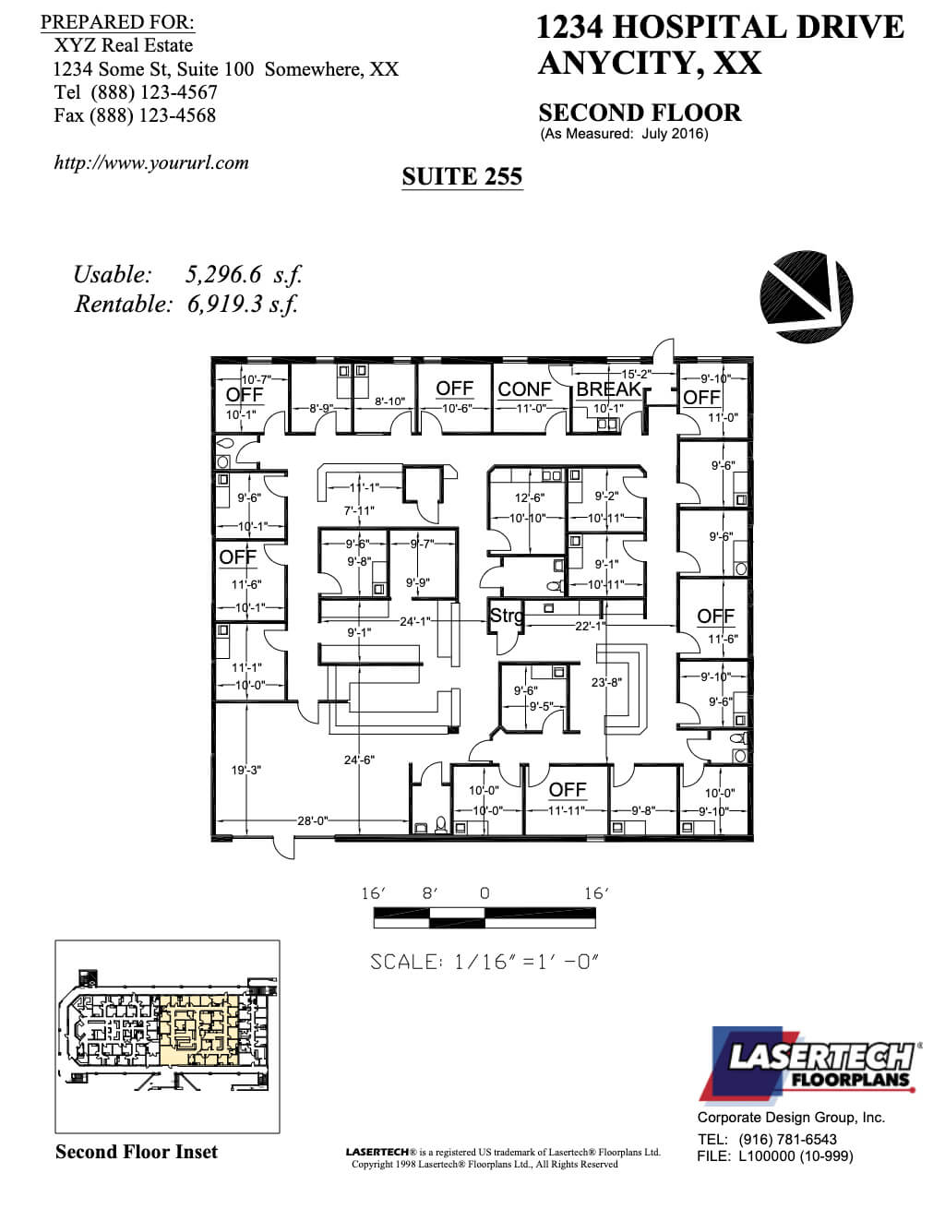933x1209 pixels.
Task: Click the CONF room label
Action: coord(524,389)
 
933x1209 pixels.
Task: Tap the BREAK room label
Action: coord(608,389)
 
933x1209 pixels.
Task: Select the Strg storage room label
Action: coord(506,616)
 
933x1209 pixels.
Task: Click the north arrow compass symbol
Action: coord(806,295)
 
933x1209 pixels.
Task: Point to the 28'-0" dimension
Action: coord(314,820)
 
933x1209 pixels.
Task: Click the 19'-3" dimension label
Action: coord(246,769)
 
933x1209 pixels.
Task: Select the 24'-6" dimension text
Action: coord(358,760)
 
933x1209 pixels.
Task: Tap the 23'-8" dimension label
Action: coord(606,683)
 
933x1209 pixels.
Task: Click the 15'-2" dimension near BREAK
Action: coord(636,374)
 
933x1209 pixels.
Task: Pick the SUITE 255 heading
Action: coord(462,176)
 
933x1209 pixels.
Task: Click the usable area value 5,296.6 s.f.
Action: coord(244,274)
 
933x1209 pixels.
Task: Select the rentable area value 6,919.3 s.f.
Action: coord(244,304)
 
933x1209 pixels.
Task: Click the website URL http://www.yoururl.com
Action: coord(151,162)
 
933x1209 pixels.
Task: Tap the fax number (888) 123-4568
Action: coord(152,115)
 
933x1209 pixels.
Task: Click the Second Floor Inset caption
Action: coord(137,1152)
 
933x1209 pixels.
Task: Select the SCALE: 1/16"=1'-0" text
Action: coord(484,962)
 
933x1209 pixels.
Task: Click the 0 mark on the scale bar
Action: coord(484,893)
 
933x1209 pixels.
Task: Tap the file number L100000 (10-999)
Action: coord(796,1155)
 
